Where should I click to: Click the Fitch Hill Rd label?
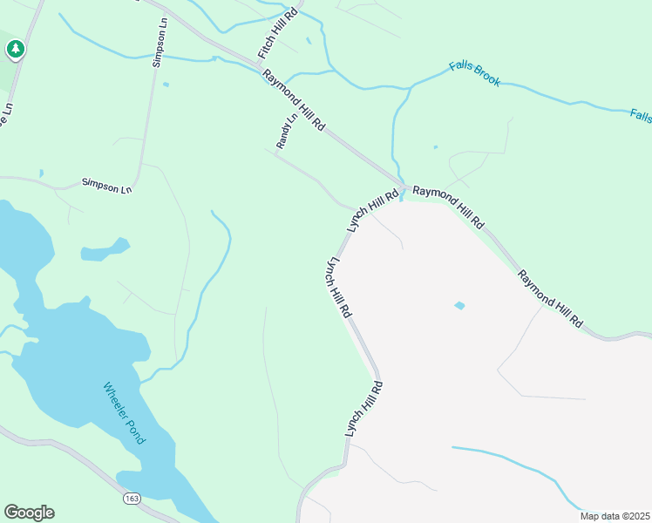tap(278, 34)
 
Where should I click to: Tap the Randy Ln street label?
tap(287, 130)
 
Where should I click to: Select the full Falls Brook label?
tap(475, 73)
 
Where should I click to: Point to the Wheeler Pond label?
tap(124, 413)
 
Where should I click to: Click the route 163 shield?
tap(131, 498)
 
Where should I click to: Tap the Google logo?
tap(29, 513)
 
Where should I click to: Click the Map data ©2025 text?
tap(614, 516)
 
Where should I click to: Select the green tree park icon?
tap(15, 50)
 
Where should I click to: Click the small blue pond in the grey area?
tap(459, 305)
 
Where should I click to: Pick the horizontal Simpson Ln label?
tap(106, 185)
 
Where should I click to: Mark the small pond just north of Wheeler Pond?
tap(105, 250)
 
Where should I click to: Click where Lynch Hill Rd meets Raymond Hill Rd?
tap(401, 189)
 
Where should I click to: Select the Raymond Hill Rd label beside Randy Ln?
tap(294, 101)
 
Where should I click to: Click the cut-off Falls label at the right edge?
tap(641, 115)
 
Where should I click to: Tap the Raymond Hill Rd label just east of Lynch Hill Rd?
tap(448, 207)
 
